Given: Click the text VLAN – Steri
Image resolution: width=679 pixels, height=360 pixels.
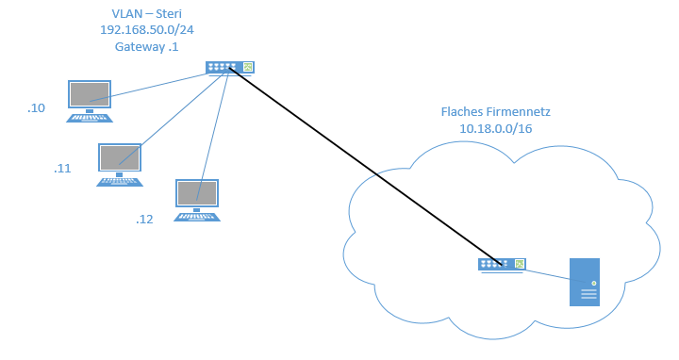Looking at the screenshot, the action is [x=147, y=14].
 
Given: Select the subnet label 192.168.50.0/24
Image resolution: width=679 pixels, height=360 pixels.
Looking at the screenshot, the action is [x=147, y=30].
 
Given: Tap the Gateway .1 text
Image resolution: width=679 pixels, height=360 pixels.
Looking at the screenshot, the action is [x=146, y=47].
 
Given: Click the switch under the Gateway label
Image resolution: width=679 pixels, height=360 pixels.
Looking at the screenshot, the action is [x=229, y=69].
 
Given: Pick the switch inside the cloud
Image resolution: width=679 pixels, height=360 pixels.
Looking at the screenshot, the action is [x=502, y=265].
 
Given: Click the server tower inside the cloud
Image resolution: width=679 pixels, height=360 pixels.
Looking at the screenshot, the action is [x=585, y=282].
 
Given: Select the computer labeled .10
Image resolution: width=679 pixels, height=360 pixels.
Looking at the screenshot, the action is [x=90, y=101].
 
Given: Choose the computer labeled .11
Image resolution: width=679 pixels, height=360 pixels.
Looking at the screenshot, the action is [x=120, y=165].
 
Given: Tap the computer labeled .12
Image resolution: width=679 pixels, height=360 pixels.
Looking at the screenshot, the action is [x=197, y=201].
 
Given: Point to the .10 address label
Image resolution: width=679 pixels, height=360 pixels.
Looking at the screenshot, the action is [x=37, y=108].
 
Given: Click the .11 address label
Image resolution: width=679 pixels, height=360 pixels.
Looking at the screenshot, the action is [x=62, y=169].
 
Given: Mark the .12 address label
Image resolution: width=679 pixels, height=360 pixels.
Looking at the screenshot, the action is [x=144, y=220].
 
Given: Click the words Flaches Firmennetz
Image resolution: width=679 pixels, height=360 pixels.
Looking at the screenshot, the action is [x=496, y=111].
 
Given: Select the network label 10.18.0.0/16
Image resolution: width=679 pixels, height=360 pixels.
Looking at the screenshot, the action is [x=496, y=128].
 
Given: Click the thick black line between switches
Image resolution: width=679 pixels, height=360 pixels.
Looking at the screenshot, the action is [x=366, y=166].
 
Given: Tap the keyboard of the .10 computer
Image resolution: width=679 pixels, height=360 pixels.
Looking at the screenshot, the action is [x=90, y=118].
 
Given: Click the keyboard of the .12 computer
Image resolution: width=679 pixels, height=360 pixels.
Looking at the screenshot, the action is [x=197, y=217].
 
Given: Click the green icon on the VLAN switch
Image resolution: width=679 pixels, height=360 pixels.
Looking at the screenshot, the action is [x=248, y=67].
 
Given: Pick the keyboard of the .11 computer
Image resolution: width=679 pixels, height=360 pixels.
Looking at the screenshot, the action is [x=120, y=182].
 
